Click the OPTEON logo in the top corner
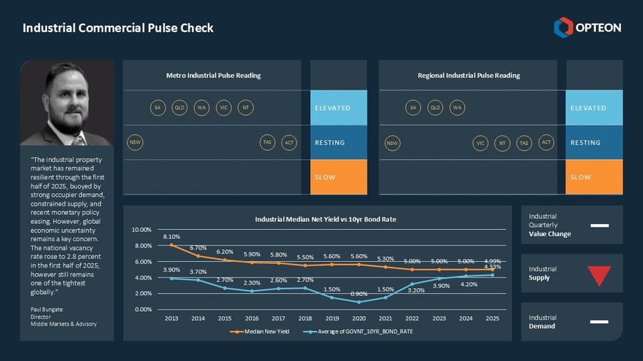point(587,28)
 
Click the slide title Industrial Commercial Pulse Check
point(118,28)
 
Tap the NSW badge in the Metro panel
point(134,143)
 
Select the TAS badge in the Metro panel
point(267,143)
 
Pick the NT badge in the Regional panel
point(503,143)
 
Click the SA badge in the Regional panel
point(412,108)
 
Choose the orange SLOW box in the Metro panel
point(339,177)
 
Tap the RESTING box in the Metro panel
point(339,143)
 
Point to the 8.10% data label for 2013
point(171,236)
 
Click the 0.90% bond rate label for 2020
point(359,293)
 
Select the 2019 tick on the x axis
point(331,317)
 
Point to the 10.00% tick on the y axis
point(141,230)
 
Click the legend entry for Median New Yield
point(264,332)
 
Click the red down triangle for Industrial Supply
point(599,274)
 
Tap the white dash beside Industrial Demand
point(599,322)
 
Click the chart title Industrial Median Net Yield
point(325,219)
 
